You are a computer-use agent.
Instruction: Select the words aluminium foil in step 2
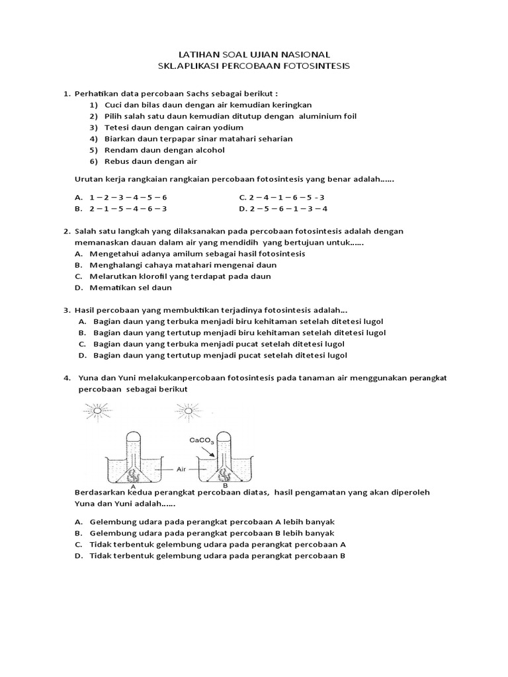click(x=327, y=116)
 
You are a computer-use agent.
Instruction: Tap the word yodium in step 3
click(x=227, y=128)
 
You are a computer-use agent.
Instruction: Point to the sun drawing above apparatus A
click(x=97, y=411)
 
